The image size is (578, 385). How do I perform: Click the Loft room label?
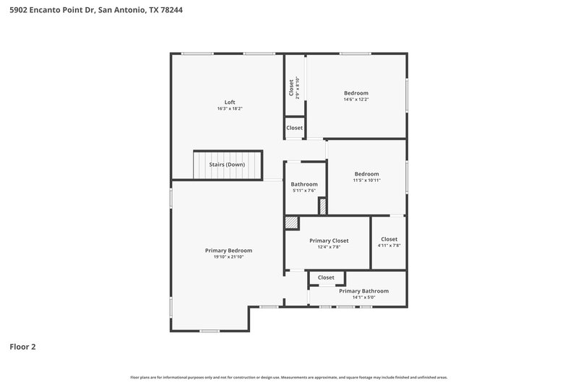click(x=230, y=102)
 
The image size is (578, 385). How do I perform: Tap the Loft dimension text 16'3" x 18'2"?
click(x=230, y=109)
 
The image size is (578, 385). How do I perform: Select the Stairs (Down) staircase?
click(x=227, y=165)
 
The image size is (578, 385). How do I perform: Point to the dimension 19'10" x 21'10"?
click(x=228, y=257)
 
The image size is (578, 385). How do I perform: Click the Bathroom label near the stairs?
click(x=304, y=184)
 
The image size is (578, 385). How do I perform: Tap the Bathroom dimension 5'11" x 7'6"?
click(x=304, y=191)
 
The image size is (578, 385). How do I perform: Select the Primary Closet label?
click(x=329, y=241)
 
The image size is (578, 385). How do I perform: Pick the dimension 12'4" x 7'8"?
click(x=329, y=247)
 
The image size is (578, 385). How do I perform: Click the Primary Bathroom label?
click(x=363, y=291)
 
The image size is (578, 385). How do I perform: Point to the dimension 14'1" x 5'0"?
click(x=363, y=298)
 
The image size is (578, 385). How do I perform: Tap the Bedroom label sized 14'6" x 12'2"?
click(x=355, y=92)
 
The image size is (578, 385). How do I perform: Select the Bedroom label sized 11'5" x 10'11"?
click(x=366, y=173)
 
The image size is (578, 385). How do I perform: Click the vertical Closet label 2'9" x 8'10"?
click(x=292, y=88)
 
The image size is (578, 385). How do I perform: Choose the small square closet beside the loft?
click(x=294, y=128)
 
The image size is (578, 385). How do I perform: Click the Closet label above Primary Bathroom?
click(x=326, y=277)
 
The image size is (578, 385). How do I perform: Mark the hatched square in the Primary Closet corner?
click(x=291, y=222)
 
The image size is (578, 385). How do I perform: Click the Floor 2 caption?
click(x=22, y=347)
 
